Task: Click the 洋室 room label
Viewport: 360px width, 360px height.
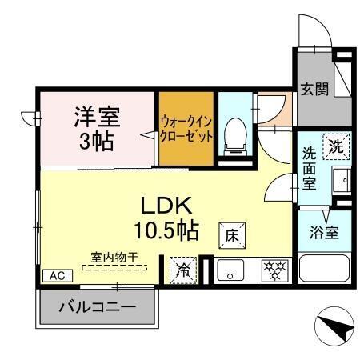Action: (x=97, y=117)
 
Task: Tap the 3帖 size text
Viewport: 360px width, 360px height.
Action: (x=97, y=142)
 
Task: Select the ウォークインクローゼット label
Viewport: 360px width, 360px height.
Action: (x=186, y=129)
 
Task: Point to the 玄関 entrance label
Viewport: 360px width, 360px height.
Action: (x=313, y=88)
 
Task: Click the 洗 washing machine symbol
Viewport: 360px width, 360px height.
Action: (x=337, y=146)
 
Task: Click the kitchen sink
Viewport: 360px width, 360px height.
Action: (x=230, y=270)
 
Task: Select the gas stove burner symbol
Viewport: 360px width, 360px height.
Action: (x=273, y=270)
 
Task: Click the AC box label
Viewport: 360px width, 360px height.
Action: (x=57, y=274)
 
